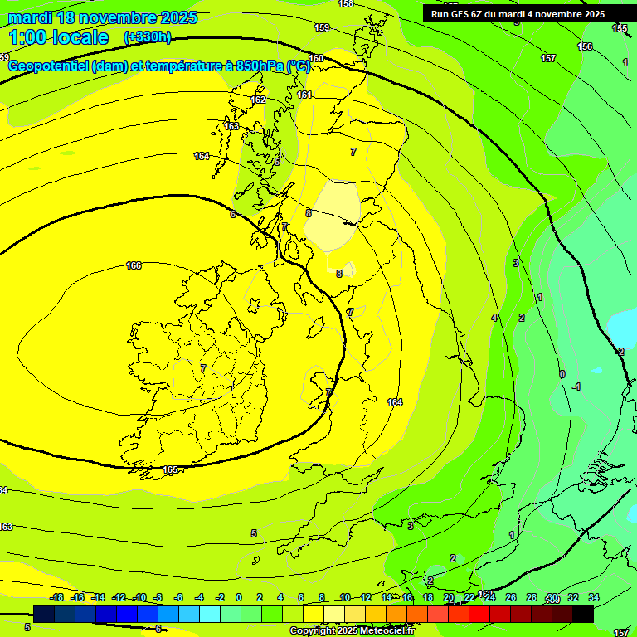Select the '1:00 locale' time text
pos(59,37)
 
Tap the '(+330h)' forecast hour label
pos(147,37)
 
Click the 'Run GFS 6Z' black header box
pos(518,14)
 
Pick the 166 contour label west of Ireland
pos(134,265)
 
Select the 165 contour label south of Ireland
pos(170,470)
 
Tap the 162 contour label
pos(258,100)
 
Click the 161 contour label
pos(304,95)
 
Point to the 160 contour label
pos(316,58)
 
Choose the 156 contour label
pos(585,46)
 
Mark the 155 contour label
pos(620,28)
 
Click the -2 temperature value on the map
pos(620,352)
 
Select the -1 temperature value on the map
pos(576,387)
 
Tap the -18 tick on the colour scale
pos(56,597)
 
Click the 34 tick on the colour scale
pos(594,597)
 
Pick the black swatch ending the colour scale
pos(583,614)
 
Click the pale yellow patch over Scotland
pos(336,214)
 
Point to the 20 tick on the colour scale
pos(449,597)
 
